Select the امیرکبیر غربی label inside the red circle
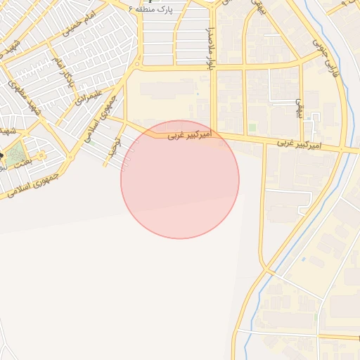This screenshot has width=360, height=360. (x=189, y=134)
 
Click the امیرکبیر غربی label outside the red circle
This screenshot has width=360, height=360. (x=299, y=144)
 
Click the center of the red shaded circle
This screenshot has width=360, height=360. (x=180, y=179)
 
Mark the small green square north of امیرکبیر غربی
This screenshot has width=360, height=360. (x=252, y=127)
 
